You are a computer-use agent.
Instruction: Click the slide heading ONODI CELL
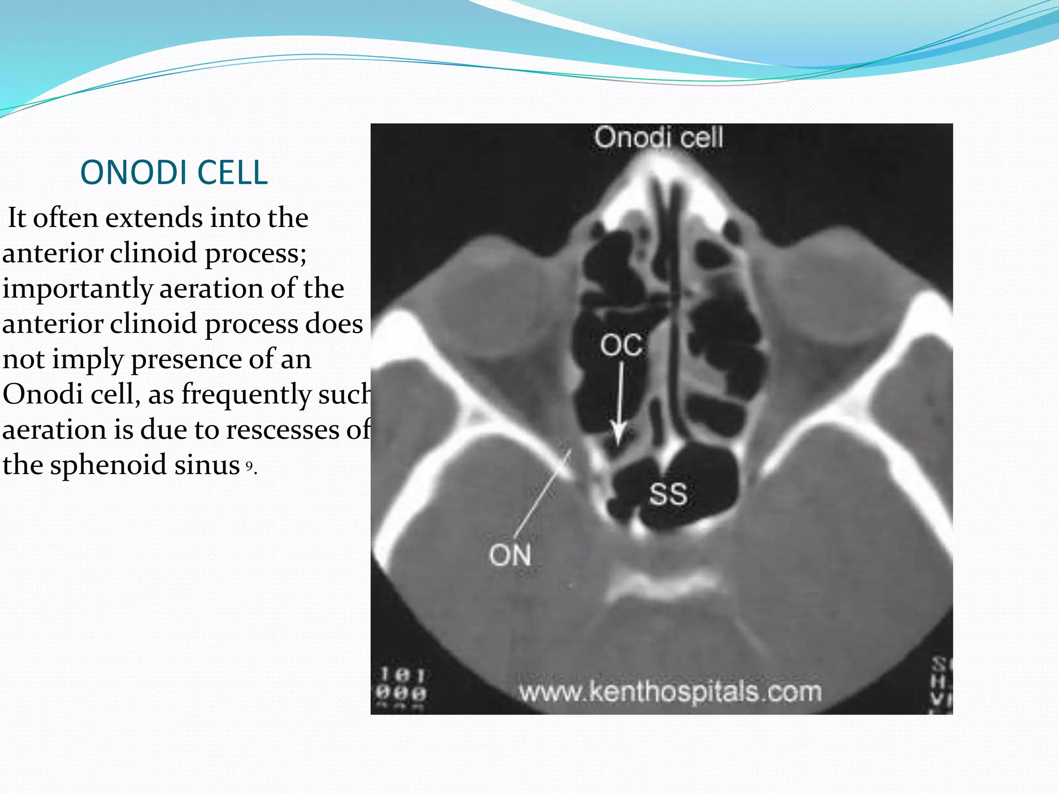click(174, 172)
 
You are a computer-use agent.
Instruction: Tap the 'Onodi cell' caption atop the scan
click(658, 138)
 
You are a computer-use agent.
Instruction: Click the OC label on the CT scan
click(621, 345)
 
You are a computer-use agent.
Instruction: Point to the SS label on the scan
click(668, 494)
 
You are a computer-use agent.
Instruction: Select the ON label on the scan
click(510, 556)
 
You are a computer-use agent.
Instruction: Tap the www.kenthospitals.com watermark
click(670, 692)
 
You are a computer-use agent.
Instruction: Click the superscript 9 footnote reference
click(249, 466)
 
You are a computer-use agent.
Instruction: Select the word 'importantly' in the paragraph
click(77, 288)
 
